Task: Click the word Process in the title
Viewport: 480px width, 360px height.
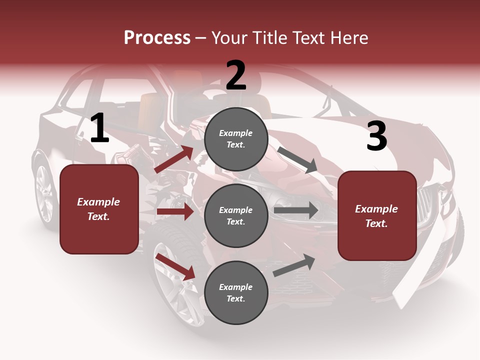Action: [157, 37]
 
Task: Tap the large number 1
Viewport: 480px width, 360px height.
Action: [99, 128]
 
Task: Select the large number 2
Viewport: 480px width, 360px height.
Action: [236, 75]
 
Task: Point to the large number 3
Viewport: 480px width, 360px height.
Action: [376, 136]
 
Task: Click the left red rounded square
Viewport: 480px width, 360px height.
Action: [99, 209]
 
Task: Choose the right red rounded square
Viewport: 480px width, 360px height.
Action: [377, 215]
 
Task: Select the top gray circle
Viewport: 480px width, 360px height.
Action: [236, 139]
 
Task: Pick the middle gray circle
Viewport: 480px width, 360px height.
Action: [236, 215]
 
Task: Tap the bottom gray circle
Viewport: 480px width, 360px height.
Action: [236, 292]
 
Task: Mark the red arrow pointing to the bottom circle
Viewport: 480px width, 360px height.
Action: [175, 266]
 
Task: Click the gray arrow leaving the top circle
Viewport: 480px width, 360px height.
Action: [297, 159]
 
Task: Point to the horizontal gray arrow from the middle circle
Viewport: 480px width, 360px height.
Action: [296, 210]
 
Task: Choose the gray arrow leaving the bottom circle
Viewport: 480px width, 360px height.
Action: [294, 265]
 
